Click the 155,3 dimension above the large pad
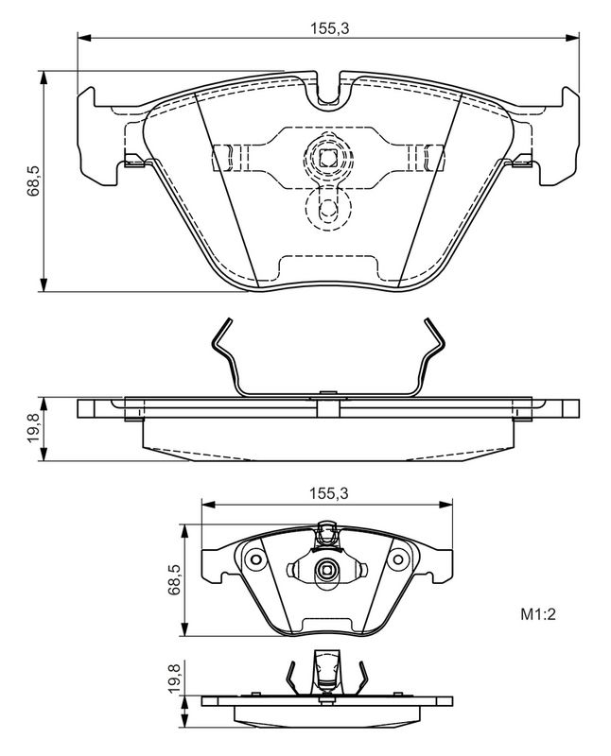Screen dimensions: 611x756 tap(328, 28)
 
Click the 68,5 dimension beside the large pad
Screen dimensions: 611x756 tap(34, 180)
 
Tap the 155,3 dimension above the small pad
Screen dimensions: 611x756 tap(328, 493)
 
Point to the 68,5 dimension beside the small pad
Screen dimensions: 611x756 tap(175, 580)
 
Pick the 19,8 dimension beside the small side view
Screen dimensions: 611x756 tap(175, 679)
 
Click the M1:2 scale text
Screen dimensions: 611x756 tap(538, 614)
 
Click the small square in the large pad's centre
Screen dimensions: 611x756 tap(328, 157)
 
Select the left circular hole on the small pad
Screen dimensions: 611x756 tap(254, 559)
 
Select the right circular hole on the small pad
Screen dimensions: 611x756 tap(398, 559)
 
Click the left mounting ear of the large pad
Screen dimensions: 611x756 tap(97, 136)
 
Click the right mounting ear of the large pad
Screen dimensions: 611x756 tap(559, 136)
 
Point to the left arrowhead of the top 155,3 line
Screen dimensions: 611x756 tap(83, 37)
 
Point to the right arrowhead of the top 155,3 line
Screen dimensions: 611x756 tap(573, 37)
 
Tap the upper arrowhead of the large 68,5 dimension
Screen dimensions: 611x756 tap(44, 77)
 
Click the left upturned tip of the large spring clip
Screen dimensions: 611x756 tap(227, 321)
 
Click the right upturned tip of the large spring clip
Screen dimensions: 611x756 tap(428, 321)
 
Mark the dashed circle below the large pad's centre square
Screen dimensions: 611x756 tap(328, 208)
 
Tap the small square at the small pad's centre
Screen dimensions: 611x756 tap(326, 572)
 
